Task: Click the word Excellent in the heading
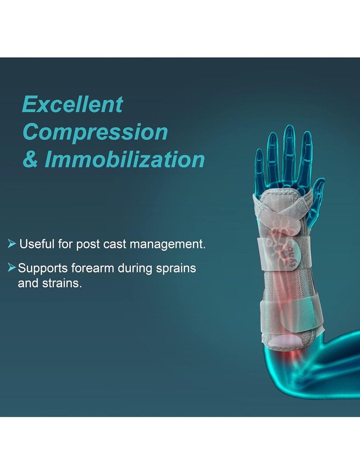[72, 104]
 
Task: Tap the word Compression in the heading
[95, 132]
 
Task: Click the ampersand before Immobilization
[30, 160]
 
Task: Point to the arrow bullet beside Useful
[12, 243]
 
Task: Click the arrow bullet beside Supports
[12, 267]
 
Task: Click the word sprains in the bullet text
[176, 269]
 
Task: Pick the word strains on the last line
[62, 283]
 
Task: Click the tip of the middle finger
[289, 126]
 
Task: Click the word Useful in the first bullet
[37, 244]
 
